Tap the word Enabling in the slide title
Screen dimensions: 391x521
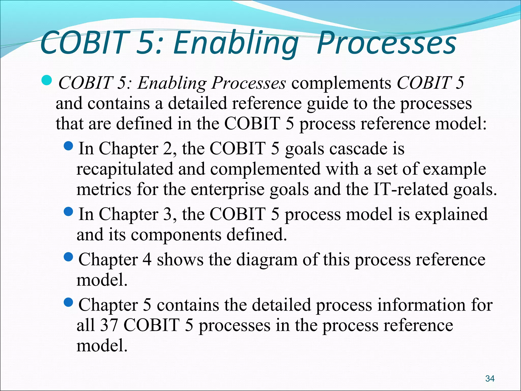[x=236, y=43]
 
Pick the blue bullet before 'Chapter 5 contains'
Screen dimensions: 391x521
[x=68, y=302]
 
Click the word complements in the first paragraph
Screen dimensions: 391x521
[x=341, y=83]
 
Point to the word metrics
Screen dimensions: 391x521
[x=104, y=190]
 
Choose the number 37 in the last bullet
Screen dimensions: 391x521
[x=109, y=325]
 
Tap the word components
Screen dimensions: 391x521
[x=176, y=235]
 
